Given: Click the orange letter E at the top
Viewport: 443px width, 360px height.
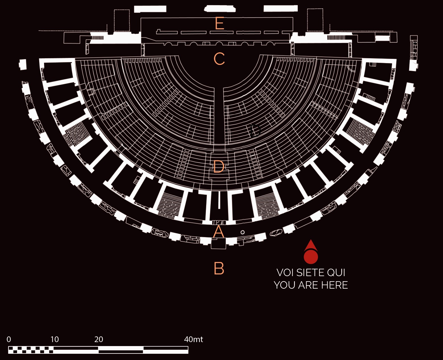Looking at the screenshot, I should (x=220, y=23).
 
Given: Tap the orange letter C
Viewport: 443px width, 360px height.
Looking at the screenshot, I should (x=219, y=59).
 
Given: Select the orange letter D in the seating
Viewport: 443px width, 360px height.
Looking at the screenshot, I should (x=219, y=167).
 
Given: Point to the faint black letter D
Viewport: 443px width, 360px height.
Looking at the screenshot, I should (x=255, y=131).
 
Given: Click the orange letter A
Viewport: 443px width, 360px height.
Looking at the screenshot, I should (x=219, y=232).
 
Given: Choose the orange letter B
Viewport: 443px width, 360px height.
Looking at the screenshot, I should (x=219, y=268).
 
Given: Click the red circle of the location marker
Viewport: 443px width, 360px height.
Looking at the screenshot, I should (x=311, y=256).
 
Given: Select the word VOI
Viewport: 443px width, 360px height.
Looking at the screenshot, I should (x=285, y=273).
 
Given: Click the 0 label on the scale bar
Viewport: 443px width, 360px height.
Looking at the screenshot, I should (x=9, y=339).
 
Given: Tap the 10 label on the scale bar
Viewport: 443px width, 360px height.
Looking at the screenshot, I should (x=55, y=339).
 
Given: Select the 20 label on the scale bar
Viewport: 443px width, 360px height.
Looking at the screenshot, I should (x=99, y=339).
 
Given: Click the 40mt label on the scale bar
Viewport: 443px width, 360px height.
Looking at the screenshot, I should (x=194, y=339).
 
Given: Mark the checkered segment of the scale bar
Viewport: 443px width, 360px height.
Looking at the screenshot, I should (x=31, y=350).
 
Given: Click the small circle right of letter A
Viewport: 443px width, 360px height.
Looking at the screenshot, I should (x=243, y=232).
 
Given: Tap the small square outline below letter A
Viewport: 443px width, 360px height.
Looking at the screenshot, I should (x=218, y=244).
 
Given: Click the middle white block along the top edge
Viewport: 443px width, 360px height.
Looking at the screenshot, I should (x=220, y=9).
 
